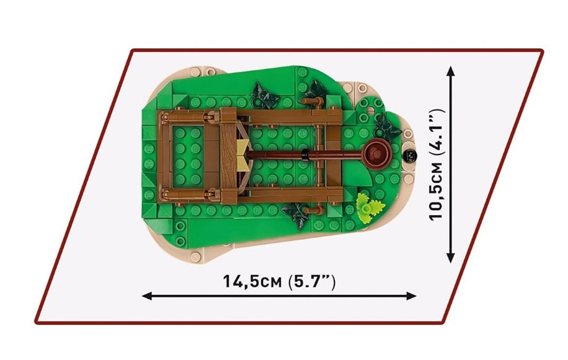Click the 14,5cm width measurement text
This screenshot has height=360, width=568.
click(x=252, y=281)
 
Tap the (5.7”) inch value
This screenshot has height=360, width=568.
click(x=312, y=281)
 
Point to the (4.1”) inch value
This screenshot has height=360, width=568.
click(x=436, y=133)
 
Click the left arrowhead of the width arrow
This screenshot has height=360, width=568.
click(x=146, y=296)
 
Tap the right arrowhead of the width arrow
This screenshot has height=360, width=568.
click(x=412, y=296)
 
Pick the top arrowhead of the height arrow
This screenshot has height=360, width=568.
click(x=451, y=71)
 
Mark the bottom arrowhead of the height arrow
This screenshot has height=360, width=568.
click(x=451, y=258)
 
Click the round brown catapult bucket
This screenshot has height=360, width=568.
click(x=377, y=154)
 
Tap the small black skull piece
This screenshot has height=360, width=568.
click(x=410, y=156)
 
